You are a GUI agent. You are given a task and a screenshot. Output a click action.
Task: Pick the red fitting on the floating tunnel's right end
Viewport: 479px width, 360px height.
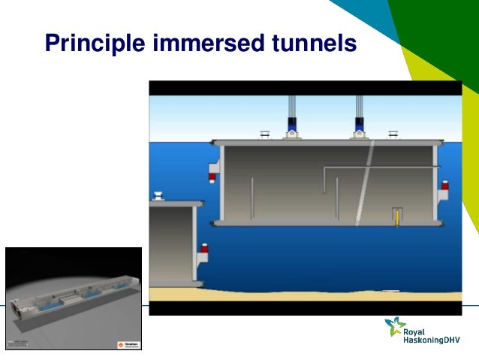(x=444, y=186)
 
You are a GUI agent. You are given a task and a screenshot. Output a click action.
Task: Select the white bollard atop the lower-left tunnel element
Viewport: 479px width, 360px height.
(x=159, y=197)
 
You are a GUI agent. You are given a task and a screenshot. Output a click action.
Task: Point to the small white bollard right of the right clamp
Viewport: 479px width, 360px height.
(x=391, y=135)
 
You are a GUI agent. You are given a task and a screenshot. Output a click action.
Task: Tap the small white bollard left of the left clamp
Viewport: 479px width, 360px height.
(x=264, y=135)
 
